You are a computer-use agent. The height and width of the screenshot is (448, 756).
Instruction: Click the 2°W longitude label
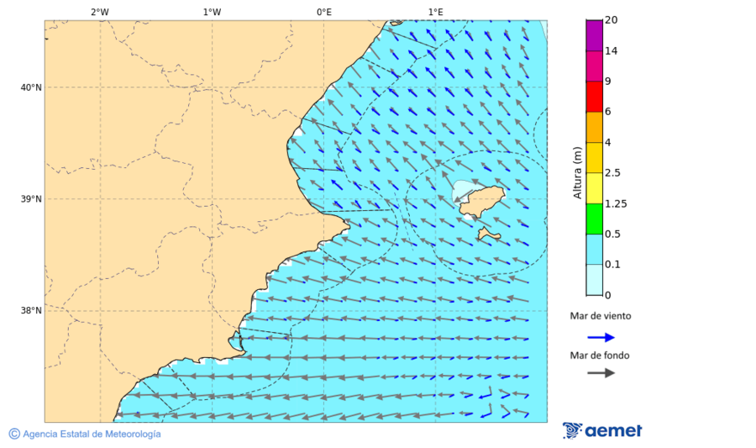click(x=99, y=12)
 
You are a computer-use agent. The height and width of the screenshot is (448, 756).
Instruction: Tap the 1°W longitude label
click(x=212, y=12)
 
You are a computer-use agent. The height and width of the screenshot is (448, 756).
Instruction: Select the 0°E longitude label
click(x=323, y=12)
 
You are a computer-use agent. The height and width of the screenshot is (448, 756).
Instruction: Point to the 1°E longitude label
click(x=435, y=12)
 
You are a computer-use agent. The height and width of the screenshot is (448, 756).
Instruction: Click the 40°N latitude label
click(x=31, y=87)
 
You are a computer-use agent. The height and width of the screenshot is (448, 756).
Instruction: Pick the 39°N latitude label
click(x=31, y=199)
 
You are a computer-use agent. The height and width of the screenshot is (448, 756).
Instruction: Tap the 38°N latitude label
click(x=31, y=311)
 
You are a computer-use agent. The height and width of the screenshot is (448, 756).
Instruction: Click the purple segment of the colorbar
click(x=594, y=35)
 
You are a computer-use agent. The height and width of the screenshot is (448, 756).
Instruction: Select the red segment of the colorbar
click(x=594, y=97)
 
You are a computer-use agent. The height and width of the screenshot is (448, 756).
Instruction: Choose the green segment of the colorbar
click(x=594, y=219)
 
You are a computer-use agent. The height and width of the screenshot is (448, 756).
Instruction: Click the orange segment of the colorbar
click(x=594, y=127)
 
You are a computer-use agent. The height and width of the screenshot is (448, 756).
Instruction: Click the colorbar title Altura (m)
click(x=577, y=172)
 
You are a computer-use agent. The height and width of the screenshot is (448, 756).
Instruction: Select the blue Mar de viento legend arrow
click(x=601, y=337)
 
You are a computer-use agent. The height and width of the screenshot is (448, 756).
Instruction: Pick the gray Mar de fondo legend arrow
click(x=601, y=373)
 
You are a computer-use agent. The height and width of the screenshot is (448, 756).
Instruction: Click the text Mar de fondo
click(x=599, y=356)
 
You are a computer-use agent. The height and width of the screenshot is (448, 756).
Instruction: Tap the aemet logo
click(x=602, y=430)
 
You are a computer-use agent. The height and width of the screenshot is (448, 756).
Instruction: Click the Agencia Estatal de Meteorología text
click(x=91, y=434)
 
